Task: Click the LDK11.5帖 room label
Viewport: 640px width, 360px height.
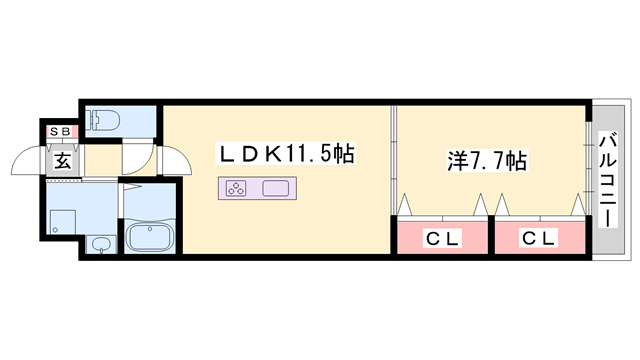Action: (285, 154)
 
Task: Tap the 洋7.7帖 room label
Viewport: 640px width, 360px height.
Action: (485, 159)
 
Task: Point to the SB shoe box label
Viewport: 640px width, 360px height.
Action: (60, 129)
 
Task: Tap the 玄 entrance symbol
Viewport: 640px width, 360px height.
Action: (61, 159)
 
